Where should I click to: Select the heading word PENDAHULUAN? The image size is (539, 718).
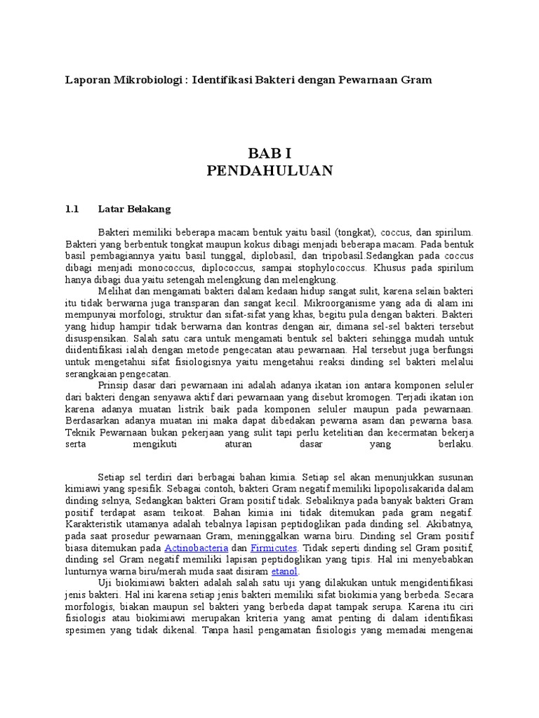click(x=269, y=172)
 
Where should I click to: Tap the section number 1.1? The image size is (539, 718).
click(x=73, y=209)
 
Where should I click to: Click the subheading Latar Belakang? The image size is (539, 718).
click(x=134, y=209)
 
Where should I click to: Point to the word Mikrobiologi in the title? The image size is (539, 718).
click(x=145, y=80)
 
